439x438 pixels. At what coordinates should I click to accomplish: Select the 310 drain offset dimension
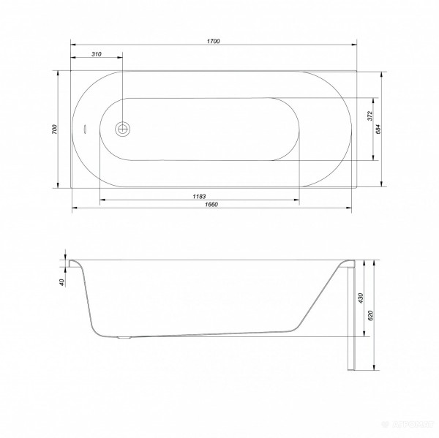coord(97,54)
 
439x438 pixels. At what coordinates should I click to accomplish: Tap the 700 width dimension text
coord(53,129)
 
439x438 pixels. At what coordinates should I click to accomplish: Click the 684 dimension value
coord(378,129)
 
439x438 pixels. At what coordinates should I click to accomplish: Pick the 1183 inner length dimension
coord(199,195)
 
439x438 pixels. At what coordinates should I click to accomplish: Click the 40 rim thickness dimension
coord(62,281)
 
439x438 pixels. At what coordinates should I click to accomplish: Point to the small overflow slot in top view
coord(85,129)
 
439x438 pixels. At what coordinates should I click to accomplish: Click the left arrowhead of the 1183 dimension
coord(101,200)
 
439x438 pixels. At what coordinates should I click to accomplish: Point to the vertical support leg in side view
coord(350,314)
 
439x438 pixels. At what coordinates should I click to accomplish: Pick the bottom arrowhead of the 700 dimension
coord(59,185)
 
